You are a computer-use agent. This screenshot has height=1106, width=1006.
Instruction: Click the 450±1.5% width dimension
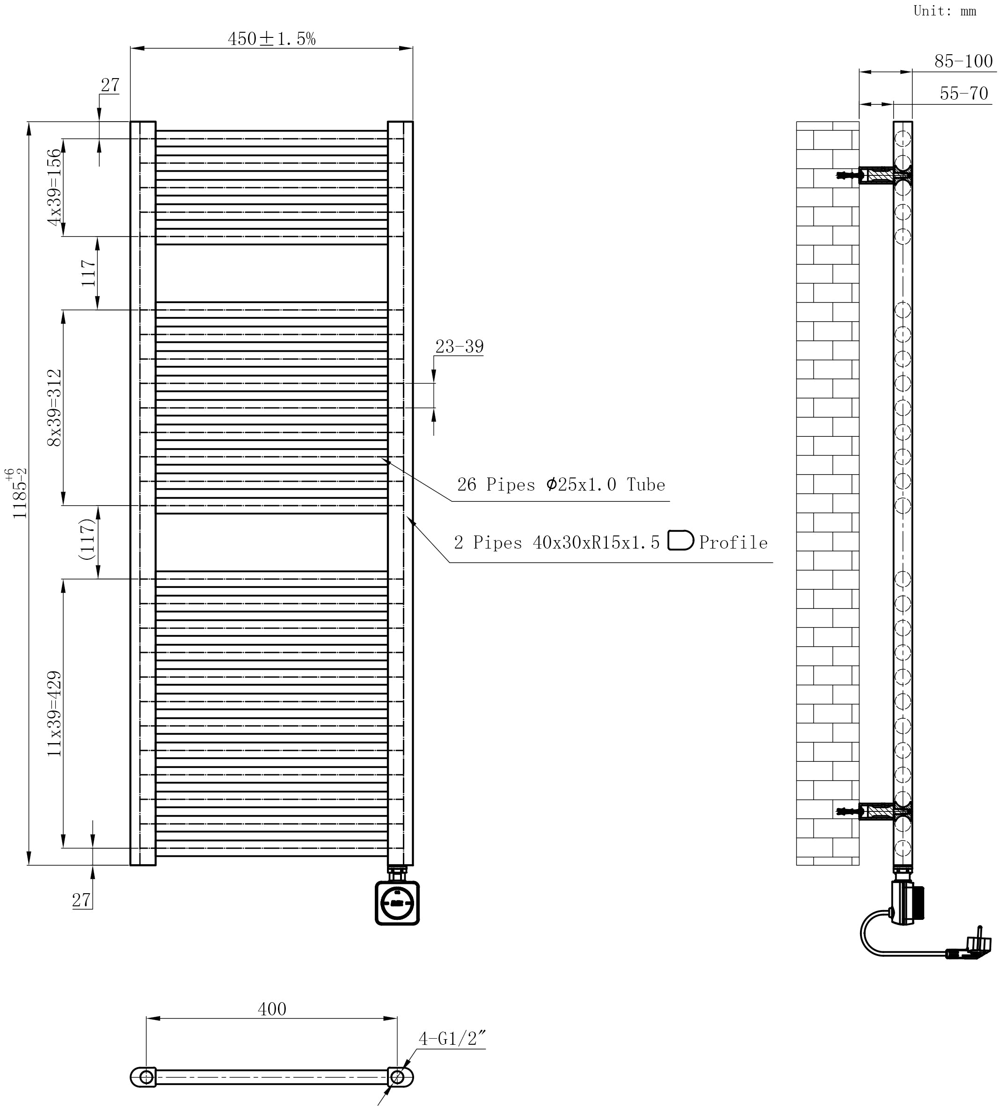[272, 39]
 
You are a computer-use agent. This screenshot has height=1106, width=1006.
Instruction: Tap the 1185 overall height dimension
[18, 492]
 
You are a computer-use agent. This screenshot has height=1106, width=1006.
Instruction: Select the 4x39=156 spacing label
[54, 187]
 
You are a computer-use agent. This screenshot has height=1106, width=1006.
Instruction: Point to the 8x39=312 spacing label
[54, 408]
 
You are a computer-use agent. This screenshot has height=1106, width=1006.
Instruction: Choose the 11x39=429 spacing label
[54, 714]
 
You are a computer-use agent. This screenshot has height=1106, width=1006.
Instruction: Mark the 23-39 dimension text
[459, 347]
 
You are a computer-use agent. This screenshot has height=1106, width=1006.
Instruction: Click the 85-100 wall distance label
[964, 61]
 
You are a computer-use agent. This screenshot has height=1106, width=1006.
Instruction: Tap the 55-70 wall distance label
[964, 93]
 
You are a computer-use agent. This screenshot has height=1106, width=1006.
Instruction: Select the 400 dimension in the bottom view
[272, 1009]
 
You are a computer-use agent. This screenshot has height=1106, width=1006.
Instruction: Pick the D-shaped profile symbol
[680, 541]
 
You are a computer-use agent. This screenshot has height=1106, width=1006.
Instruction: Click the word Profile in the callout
[733, 542]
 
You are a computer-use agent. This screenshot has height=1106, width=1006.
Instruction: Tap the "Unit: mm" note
[945, 11]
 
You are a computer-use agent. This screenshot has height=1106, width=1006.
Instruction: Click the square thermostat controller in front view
[397, 903]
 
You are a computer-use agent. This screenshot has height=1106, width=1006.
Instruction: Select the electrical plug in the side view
[970, 951]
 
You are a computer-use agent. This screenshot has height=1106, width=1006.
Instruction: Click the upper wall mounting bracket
[875, 175]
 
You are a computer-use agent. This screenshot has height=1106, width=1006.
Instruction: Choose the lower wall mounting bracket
[875, 811]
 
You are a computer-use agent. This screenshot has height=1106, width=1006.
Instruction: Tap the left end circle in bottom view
[146, 1077]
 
